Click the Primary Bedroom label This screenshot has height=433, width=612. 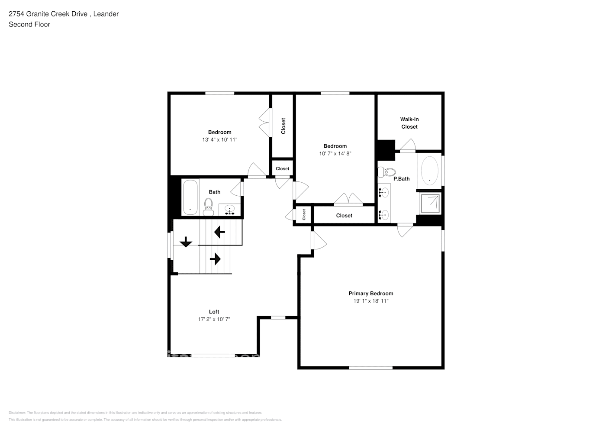(x=371, y=294)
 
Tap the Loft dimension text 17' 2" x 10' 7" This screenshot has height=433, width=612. (x=214, y=319)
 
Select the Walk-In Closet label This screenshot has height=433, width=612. (x=409, y=123)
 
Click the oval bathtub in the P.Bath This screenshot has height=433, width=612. (x=429, y=171)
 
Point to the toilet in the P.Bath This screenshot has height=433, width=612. (x=387, y=172)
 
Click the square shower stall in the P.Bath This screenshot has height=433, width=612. (x=430, y=204)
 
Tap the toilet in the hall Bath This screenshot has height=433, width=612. (x=209, y=207)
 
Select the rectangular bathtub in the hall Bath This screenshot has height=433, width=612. (x=190, y=197)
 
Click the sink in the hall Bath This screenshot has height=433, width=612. (x=229, y=210)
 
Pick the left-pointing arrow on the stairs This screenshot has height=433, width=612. (x=219, y=233)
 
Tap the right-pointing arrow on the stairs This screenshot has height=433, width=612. (x=215, y=259)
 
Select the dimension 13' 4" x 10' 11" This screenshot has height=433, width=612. (x=219, y=140)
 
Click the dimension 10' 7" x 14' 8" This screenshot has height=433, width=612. (x=335, y=153)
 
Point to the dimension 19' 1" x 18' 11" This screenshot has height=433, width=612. (x=371, y=301)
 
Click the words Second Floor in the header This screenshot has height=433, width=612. (x=29, y=24)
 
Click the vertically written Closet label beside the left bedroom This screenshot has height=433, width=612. (x=283, y=126)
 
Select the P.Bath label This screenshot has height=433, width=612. (x=401, y=179)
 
